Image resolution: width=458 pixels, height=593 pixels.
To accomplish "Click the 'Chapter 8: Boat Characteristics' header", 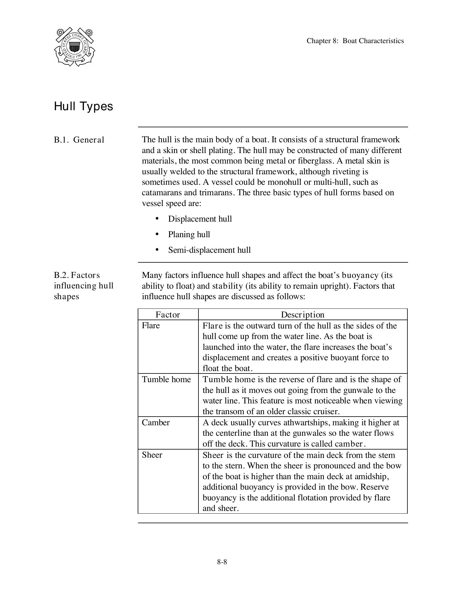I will (x=355, y=41).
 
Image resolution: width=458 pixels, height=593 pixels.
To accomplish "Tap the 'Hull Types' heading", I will (x=84, y=106).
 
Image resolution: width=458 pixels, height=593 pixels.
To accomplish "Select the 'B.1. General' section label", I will (x=79, y=140).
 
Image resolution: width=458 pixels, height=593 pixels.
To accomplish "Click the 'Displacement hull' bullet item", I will (x=200, y=219).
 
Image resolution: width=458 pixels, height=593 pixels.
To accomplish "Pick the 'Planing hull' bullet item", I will (x=189, y=235).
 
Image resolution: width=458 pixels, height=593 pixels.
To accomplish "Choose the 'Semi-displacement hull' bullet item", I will (x=209, y=250).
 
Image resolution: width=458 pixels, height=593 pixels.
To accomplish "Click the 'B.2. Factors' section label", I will (x=77, y=275).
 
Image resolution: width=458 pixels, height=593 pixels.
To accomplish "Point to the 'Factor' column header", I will (x=168, y=315).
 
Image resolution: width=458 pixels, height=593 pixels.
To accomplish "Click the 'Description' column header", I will (x=302, y=315).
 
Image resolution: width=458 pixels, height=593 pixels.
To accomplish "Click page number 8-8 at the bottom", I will (x=222, y=562).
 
